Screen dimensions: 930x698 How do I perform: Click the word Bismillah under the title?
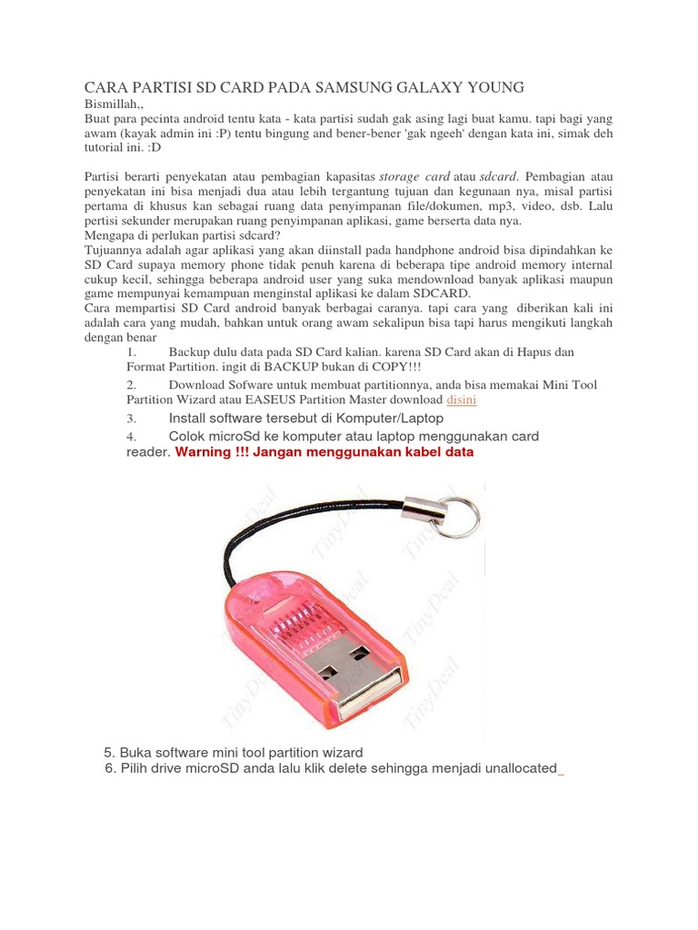[x=111, y=104]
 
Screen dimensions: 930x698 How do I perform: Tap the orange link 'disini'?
[x=462, y=400]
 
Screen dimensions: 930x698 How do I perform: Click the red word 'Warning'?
[x=205, y=451]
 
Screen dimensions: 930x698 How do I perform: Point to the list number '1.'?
[x=132, y=351]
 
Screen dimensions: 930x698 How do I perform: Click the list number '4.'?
[x=132, y=437]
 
